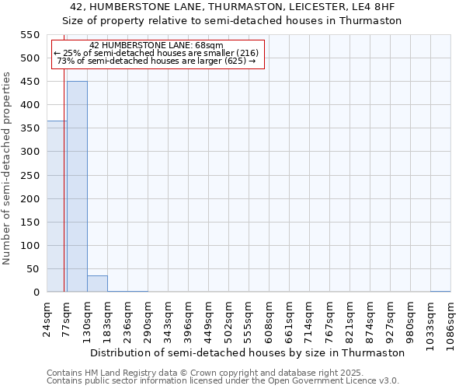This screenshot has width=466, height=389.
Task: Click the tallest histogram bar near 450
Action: point(77,187)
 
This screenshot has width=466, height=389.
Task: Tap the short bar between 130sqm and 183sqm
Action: point(97,284)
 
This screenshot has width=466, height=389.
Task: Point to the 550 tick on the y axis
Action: point(30,35)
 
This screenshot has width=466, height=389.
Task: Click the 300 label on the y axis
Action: point(30,152)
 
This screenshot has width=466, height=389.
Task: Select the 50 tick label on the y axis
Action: point(33,269)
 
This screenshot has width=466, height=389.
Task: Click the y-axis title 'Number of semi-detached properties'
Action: point(7,168)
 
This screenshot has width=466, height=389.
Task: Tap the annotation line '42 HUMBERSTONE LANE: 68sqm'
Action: point(156,45)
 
